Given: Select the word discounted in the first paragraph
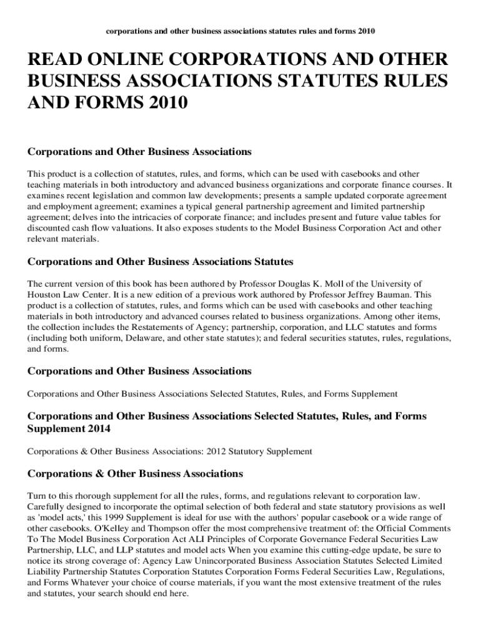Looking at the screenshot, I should pos(50,228).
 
